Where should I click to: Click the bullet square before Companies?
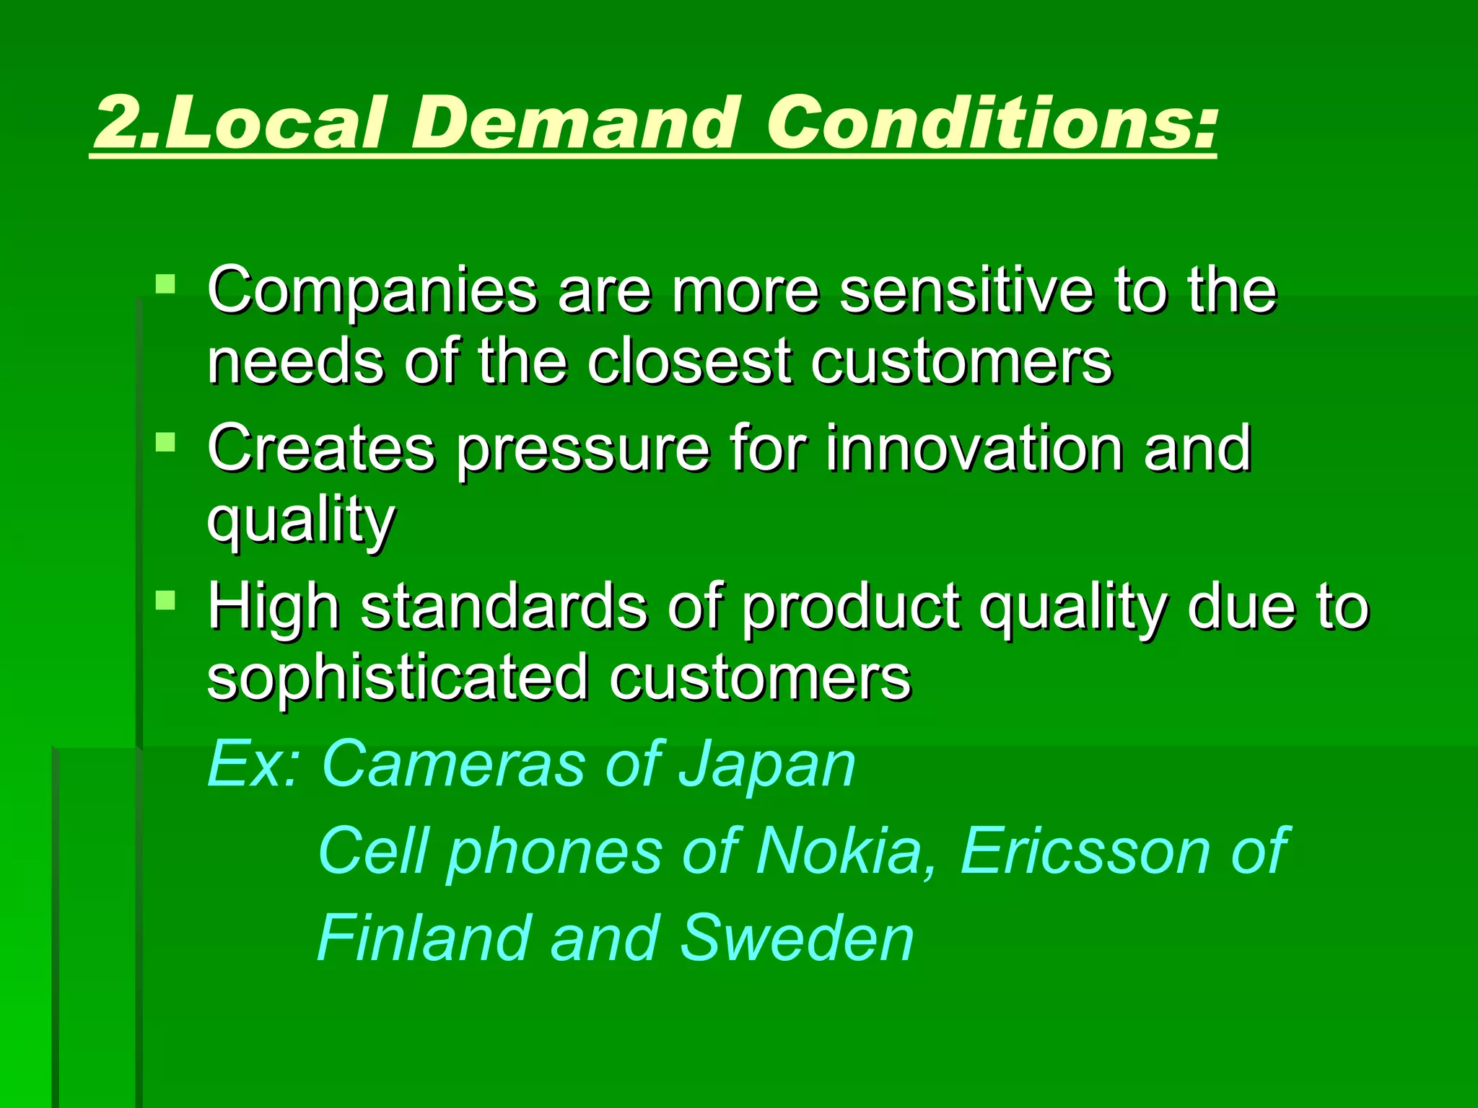(166, 283)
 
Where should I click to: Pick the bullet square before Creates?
(166, 441)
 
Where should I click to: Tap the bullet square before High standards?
(166, 600)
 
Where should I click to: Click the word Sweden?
(797, 938)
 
